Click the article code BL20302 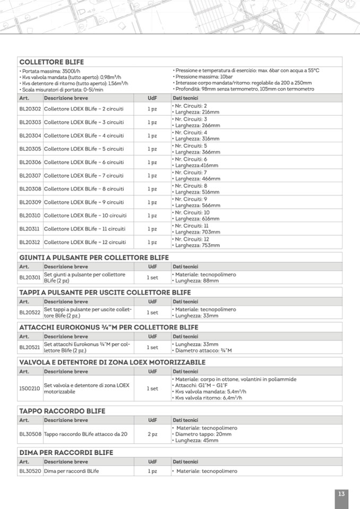[x=30, y=109]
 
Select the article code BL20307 [x=30, y=176]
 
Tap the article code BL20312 [x=30, y=243]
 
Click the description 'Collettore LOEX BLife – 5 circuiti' [x=84, y=149]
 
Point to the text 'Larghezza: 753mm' [x=198, y=246]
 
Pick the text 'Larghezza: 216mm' [x=198, y=113]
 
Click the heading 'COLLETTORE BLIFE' [x=52, y=62]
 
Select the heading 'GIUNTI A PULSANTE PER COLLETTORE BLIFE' [x=94, y=257]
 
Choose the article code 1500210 [x=30, y=389]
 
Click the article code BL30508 [x=30, y=434]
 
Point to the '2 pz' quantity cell [x=152, y=434]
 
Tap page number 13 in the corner [x=341, y=494]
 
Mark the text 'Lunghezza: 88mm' [x=197, y=281]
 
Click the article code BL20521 [x=30, y=347]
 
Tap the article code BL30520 [x=30, y=471]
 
